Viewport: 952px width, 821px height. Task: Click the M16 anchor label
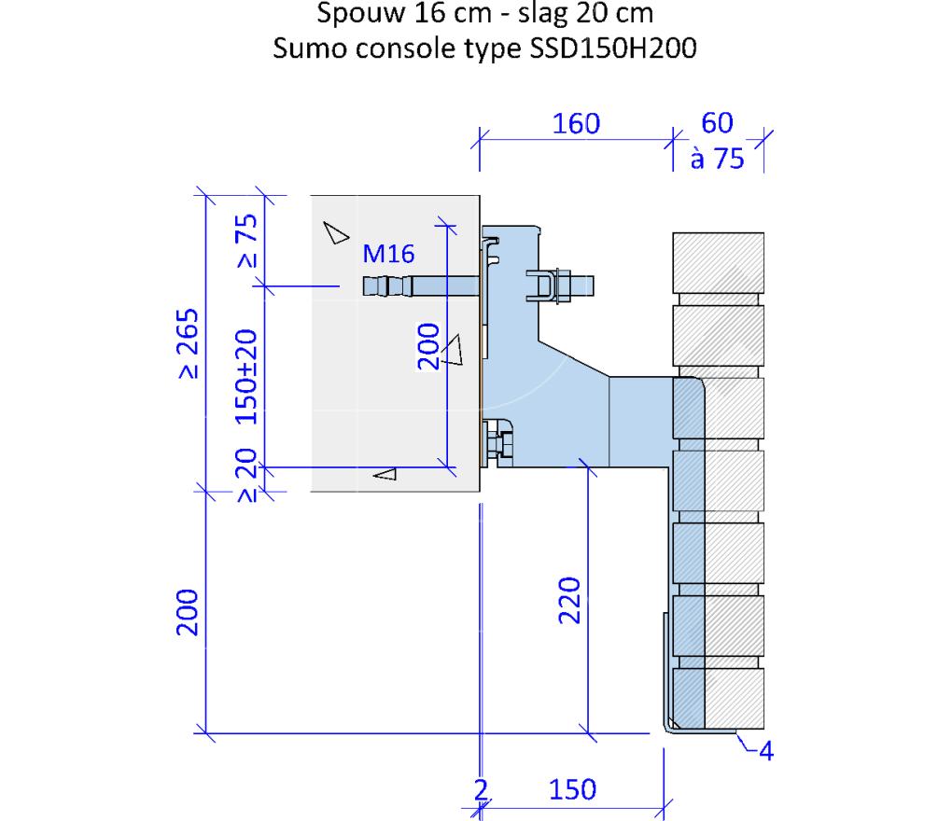point(388,254)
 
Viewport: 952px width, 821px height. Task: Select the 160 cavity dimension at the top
point(576,124)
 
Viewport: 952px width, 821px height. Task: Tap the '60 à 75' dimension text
point(717,141)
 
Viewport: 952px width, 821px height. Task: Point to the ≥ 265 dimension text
point(189,343)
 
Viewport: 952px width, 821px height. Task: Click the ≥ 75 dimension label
point(247,241)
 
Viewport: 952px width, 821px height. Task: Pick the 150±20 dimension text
point(245,376)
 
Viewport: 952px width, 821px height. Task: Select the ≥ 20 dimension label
point(246,475)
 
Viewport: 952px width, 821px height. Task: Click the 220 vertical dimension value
point(569,601)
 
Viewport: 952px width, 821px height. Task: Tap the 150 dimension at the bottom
point(572,789)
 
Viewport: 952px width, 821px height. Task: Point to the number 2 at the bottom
point(481,789)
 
